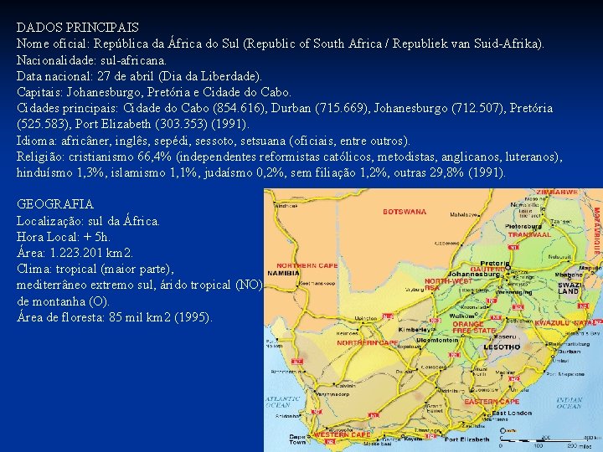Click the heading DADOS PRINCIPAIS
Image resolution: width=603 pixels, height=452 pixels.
pos(78,28)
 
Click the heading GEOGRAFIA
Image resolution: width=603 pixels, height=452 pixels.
pos(55,204)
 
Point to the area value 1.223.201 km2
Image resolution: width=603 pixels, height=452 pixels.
pos(88,253)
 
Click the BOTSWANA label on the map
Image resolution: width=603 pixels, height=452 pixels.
pos(405,212)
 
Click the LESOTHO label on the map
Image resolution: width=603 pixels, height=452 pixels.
pos(502,347)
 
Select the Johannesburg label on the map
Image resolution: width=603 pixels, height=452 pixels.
pos(473,274)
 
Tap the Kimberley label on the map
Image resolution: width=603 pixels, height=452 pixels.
pos(412,331)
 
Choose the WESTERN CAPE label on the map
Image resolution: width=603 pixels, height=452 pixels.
pos(342,435)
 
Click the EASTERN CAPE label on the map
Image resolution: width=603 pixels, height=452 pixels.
pos(492,402)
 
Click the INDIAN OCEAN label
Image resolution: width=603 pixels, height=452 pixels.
pos(569,403)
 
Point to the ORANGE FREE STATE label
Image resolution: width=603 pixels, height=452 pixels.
pos(474,327)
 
